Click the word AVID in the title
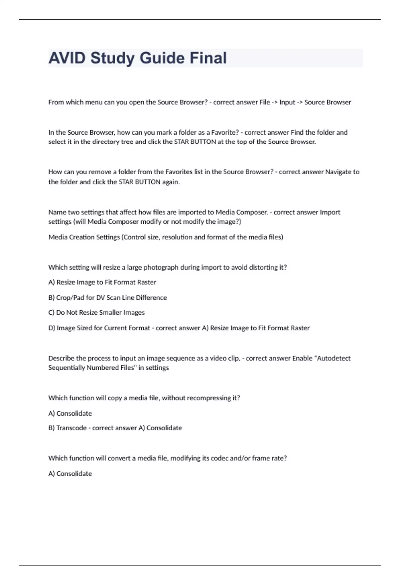[x=67, y=58]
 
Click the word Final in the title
[x=208, y=58]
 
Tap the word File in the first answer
[x=265, y=102]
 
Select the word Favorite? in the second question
[x=225, y=132]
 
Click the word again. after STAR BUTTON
[x=171, y=182]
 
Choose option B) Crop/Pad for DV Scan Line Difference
[x=107, y=298]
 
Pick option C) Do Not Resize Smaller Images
[x=96, y=313]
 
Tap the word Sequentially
[x=66, y=368]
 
